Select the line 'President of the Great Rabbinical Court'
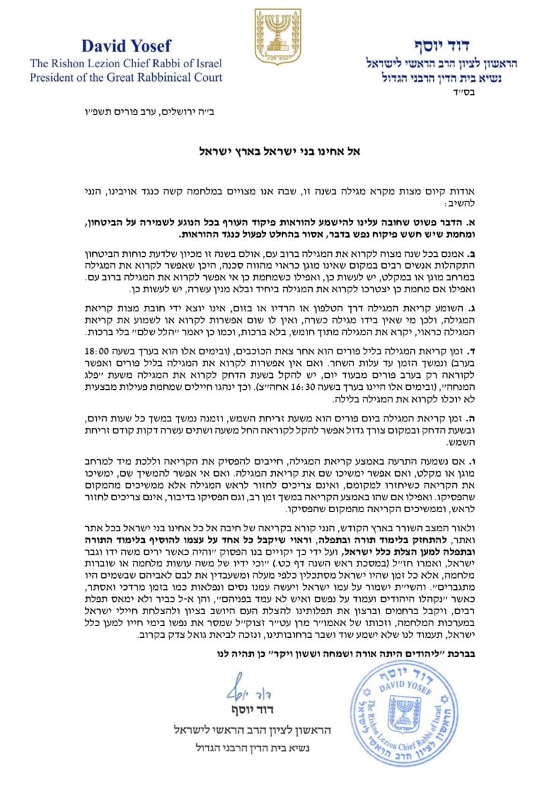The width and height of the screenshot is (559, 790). pyautogui.click(x=125, y=77)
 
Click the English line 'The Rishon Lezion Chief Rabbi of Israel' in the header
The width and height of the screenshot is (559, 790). pyautogui.click(x=125, y=63)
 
